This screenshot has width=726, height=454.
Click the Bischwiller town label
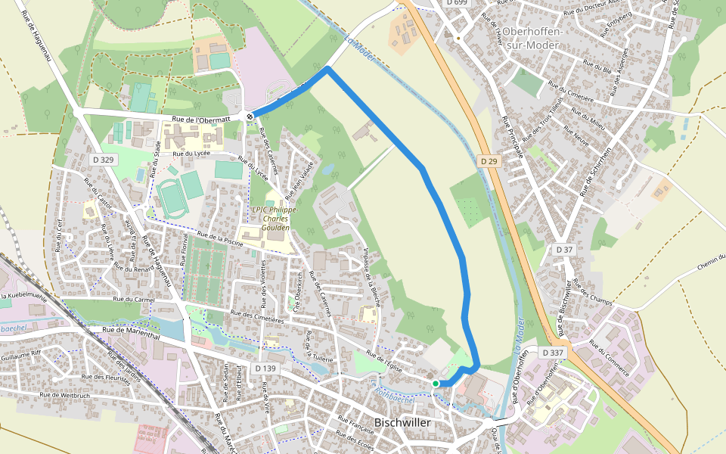pos(403,422)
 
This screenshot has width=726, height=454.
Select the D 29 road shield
pos(488,161)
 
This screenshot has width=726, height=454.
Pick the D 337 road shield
pos(553,353)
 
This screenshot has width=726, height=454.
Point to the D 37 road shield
pos(564,249)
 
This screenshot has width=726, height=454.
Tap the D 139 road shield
pos(266,368)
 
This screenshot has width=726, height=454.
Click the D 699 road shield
pos(457,3)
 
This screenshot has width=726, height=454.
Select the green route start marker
pos(436,384)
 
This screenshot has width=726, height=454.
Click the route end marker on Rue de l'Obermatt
pos(250,117)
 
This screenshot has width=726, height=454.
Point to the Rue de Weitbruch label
pos(65,395)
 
